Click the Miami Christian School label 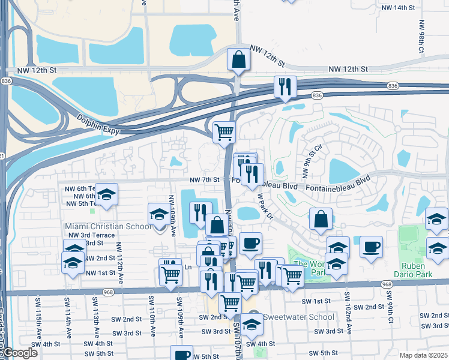[108, 226]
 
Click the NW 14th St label [398, 8]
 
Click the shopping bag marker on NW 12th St [238, 60]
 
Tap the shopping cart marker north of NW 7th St [224, 131]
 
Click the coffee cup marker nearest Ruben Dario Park [372, 246]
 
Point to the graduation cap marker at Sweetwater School [253, 325]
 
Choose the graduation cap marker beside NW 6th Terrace [106, 194]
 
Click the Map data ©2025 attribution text [424, 355]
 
